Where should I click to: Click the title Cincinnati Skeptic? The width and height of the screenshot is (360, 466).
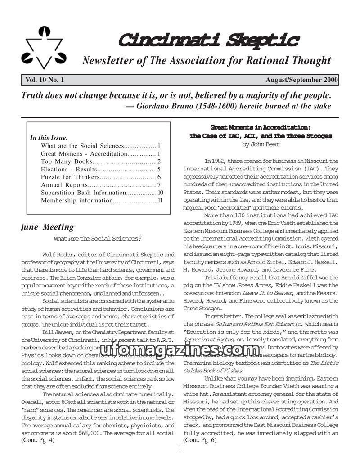(208, 40)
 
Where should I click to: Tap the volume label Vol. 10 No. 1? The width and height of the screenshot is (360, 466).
(45, 80)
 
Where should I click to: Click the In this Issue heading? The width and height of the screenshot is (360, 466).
(49, 138)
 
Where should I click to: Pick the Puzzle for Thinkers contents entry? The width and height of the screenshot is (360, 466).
(70, 177)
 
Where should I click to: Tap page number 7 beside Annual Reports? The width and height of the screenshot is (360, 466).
(159, 185)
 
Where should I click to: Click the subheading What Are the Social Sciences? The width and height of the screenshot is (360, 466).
(98, 239)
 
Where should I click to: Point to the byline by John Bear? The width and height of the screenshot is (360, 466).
(261, 144)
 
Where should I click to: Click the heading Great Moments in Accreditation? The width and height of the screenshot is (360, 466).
(261, 127)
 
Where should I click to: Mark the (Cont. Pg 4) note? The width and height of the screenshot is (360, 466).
(38, 440)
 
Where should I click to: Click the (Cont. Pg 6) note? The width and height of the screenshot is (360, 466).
(200, 440)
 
